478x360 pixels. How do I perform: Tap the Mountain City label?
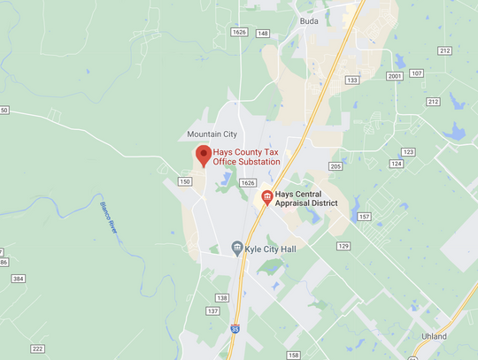point(212,134)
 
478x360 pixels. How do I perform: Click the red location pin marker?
point(202,156)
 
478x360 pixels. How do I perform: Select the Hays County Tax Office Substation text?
point(246,157)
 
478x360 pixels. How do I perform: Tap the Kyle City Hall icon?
point(236,248)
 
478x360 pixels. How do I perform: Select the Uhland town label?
point(433,336)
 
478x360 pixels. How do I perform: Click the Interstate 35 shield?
point(235,328)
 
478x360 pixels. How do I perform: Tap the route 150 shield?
point(184,181)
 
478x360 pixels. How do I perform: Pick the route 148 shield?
point(263,33)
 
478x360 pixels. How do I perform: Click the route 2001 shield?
point(394,77)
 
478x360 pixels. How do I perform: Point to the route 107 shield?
point(417,73)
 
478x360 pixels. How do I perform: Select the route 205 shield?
point(335,166)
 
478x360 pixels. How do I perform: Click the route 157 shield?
point(364,217)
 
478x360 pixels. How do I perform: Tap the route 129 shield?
point(343,245)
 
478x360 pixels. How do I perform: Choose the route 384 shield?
point(19,279)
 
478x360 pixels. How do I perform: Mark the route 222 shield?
point(37,349)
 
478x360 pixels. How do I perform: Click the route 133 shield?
point(352,80)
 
